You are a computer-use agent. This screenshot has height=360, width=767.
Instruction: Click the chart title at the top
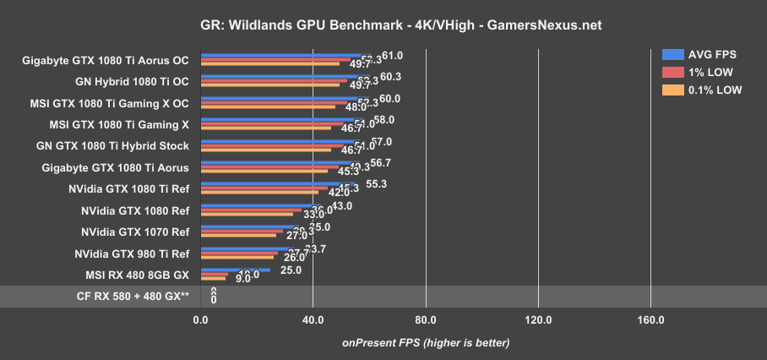tap(383, 25)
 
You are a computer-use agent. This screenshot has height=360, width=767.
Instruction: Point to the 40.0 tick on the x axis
tap(313, 320)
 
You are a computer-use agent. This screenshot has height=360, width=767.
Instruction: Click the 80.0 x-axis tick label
tap(426, 320)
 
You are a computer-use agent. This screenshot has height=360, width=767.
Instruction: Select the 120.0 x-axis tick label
tap(538, 320)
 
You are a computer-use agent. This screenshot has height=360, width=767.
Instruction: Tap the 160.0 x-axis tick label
tap(650, 320)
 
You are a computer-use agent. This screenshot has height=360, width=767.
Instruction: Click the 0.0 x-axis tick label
tap(200, 320)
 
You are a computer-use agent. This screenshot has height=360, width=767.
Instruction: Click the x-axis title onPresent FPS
tap(426, 342)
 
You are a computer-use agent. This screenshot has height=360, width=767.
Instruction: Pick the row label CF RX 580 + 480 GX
tap(132, 297)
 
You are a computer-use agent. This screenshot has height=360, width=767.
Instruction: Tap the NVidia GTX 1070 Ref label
tap(135, 232)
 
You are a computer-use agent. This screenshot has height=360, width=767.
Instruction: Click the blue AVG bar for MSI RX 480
tap(236, 270)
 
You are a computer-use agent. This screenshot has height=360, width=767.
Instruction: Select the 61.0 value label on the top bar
tap(392, 56)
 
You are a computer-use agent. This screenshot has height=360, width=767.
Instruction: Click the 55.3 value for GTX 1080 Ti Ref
tap(374, 184)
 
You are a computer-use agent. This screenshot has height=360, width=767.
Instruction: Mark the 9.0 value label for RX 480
tap(242, 279)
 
